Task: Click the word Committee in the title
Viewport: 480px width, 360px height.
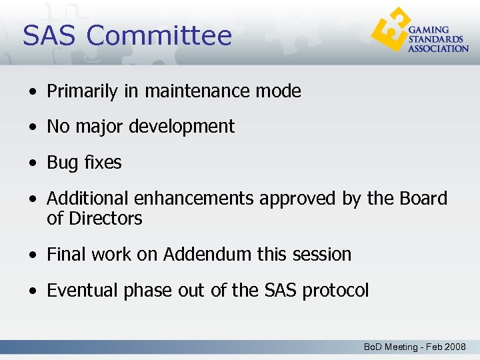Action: tap(159, 36)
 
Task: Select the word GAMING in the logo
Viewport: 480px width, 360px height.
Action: tap(429, 30)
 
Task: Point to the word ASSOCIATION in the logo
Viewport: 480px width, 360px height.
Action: tap(438, 48)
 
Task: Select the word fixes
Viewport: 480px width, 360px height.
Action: tap(103, 163)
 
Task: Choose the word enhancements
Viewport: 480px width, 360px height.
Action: tap(194, 199)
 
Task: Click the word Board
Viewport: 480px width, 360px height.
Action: tap(423, 199)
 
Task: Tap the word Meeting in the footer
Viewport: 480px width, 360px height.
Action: tap(401, 347)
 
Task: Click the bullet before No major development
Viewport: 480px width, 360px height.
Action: tap(33, 127)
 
